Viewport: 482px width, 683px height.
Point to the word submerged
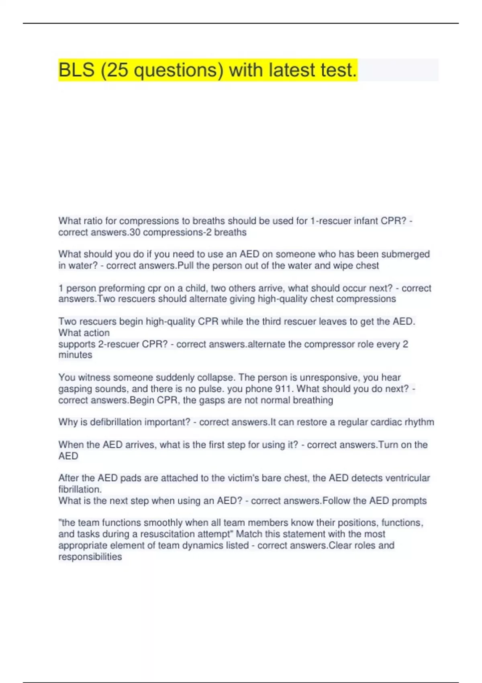tap(405, 254)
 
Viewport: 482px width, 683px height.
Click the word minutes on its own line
tap(75, 355)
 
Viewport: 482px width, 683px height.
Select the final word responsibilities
tap(90, 557)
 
